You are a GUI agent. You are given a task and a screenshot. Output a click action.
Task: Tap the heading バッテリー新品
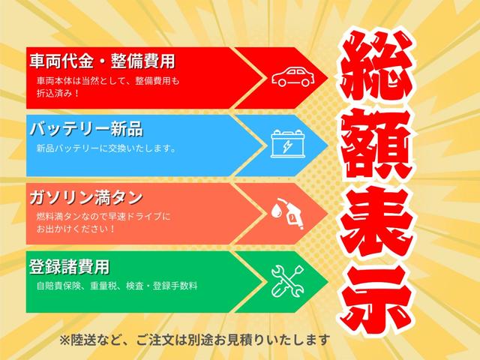85,128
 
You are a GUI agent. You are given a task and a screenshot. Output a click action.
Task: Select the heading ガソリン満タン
85,198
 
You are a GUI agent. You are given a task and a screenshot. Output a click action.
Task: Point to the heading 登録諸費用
69,266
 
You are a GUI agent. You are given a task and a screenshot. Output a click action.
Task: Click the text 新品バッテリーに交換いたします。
106,148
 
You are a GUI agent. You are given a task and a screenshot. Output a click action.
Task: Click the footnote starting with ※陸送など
195,338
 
